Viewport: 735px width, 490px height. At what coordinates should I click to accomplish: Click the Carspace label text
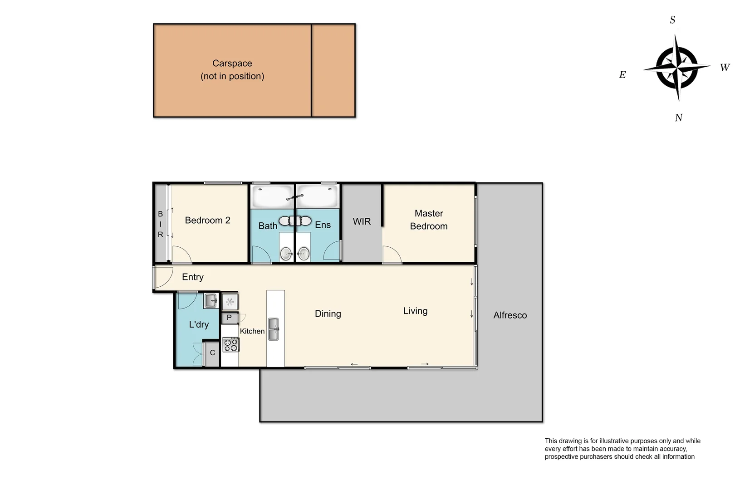click(232, 64)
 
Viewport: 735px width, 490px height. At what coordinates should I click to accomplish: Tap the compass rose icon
click(676, 68)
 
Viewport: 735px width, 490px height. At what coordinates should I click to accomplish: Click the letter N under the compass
click(678, 118)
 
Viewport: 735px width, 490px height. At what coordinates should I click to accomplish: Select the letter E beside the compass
click(622, 75)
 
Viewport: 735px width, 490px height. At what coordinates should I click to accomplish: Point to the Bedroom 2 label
click(207, 220)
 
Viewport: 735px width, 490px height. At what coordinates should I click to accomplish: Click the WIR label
click(362, 222)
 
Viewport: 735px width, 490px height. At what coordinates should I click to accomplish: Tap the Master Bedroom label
click(428, 220)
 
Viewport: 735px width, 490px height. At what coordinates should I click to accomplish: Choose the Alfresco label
click(510, 315)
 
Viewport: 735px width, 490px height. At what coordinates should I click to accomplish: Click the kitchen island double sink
click(273, 329)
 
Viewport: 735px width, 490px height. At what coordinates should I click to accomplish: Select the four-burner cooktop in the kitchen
click(230, 345)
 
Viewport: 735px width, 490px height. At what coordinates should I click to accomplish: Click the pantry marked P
click(230, 318)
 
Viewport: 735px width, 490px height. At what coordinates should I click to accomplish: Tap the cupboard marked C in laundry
click(212, 353)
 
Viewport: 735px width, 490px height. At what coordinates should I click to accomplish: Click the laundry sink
click(211, 300)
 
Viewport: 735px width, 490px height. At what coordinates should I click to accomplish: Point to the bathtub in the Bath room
click(272, 196)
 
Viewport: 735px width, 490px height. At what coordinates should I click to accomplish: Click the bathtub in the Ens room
click(317, 196)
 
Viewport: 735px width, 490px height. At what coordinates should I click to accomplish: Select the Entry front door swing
click(162, 277)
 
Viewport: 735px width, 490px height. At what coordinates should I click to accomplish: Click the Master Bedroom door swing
click(392, 255)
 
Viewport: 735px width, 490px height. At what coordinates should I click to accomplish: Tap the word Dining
click(328, 314)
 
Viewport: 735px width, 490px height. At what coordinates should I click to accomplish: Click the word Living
click(415, 311)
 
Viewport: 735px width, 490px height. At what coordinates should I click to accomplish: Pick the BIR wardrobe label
click(160, 224)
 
